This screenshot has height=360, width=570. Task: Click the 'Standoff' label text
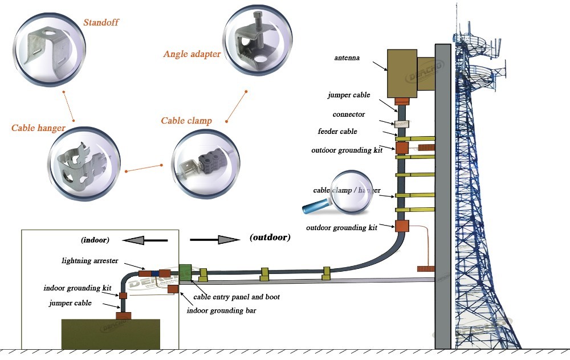[101, 23]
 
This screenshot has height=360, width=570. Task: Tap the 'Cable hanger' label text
[38, 128]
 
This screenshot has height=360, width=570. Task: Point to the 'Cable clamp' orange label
[186, 120]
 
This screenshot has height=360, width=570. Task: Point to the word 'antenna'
[347, 58]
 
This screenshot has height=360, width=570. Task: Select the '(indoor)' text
[95, 240]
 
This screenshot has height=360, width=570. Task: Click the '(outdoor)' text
[270, 237]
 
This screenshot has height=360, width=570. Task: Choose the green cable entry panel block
[185, 272]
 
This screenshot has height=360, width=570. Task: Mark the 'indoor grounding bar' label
[222, 310]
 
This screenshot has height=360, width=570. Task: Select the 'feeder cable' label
[337, 132]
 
